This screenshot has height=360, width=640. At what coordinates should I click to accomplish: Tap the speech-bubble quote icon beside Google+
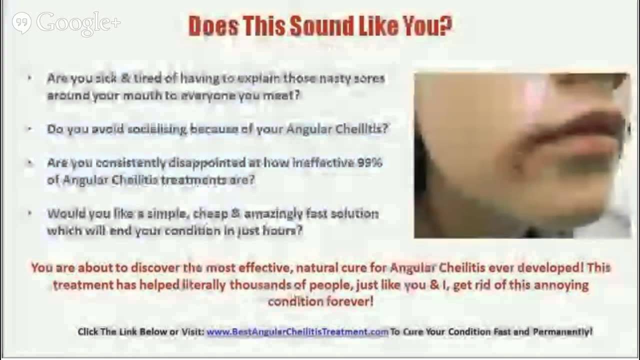(21, 22)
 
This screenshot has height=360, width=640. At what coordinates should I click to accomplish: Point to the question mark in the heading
(446, 25)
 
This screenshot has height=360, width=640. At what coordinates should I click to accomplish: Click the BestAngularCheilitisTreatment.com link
(297, 331)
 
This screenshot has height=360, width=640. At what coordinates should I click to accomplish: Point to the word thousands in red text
(259, 285)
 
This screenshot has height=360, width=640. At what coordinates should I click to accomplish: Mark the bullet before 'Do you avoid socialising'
(29, 128)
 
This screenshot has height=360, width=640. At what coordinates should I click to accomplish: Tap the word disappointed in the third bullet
(202, 162)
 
